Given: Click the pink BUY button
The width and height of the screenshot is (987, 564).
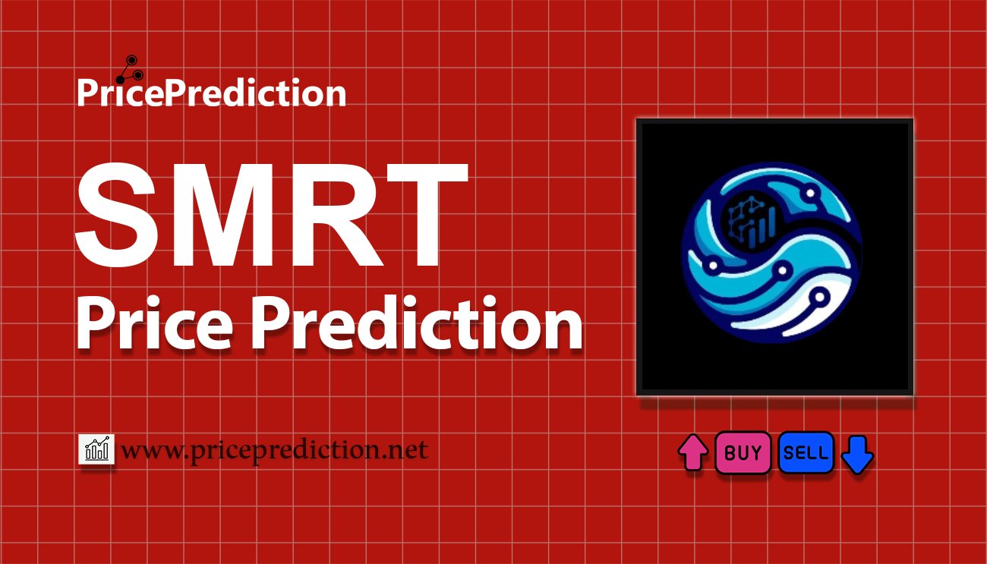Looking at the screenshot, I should [743, 453].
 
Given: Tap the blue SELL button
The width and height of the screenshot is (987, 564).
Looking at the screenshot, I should [806, 453].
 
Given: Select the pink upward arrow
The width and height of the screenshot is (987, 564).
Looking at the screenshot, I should [693, 453].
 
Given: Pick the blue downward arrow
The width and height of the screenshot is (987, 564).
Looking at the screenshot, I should [858, 454].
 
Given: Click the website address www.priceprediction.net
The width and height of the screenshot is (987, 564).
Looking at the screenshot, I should [274, 450].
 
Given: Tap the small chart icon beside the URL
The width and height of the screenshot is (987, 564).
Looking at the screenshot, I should [96, 450].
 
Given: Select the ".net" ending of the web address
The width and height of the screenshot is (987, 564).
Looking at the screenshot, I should [407, 450].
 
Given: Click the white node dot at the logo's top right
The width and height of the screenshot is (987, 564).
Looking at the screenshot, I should [811, 193].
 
